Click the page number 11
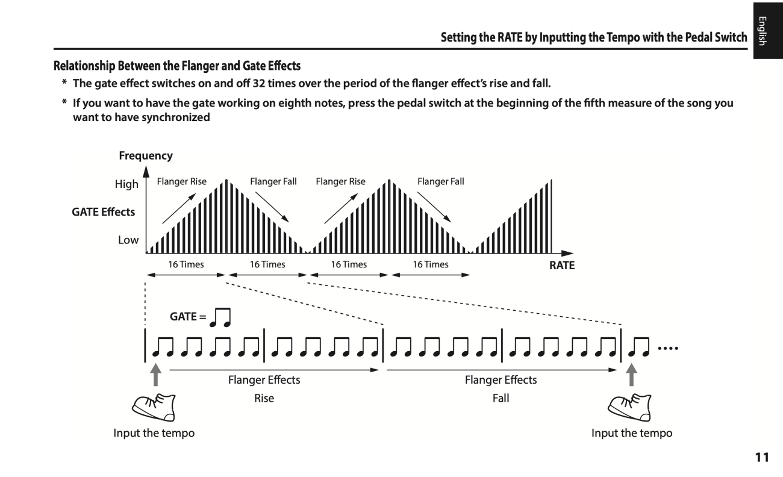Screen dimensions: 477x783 click(x=763, y=458)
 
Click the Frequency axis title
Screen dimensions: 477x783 click(x=145, y=156)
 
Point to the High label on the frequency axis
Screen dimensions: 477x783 click(x=126, y=184)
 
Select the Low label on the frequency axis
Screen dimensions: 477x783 click(x=128, y=240)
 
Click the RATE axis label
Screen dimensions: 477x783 click(x=561, y=266)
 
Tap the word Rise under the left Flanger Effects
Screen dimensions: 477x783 click(x=264, y=398)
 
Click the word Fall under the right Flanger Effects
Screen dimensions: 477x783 click(x=501, y=398)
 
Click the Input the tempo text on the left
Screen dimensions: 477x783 click(x=154, y=434)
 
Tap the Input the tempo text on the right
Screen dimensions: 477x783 click(x=632, y=434)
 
